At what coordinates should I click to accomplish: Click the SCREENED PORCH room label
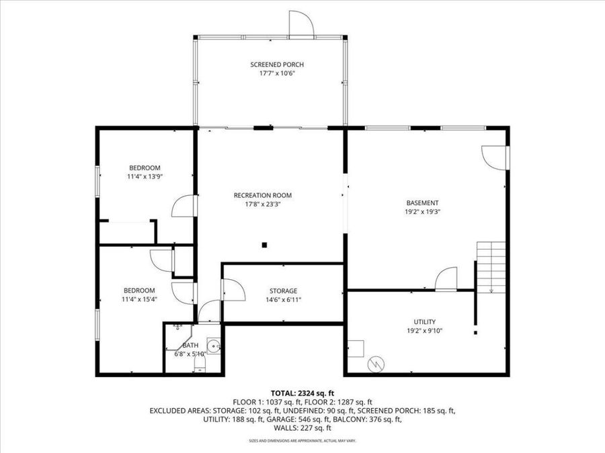[277, 64]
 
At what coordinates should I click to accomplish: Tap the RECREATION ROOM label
[263, 195]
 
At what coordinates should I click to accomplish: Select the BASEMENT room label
[422, 203]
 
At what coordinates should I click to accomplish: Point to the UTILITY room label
[424, 321]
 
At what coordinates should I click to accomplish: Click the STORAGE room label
[282, 291]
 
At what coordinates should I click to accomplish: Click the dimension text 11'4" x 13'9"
[145, 177]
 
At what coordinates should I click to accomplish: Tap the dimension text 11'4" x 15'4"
[139, 299]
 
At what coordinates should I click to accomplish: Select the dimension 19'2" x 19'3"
[422, 211]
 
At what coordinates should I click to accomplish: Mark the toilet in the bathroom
[200, 363]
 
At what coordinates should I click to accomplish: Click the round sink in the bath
[213, 346]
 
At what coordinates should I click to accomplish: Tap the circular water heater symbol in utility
[376, 364]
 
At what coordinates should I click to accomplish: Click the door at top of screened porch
[301, 24]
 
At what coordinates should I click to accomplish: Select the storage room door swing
[233, 289]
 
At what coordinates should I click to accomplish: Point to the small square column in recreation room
[265, 244]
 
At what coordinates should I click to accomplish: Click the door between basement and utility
[446, 280]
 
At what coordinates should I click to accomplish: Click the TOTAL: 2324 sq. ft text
[302, 393]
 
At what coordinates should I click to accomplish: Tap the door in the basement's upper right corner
[495, 157]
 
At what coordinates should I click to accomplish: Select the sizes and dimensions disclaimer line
[302, 440]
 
